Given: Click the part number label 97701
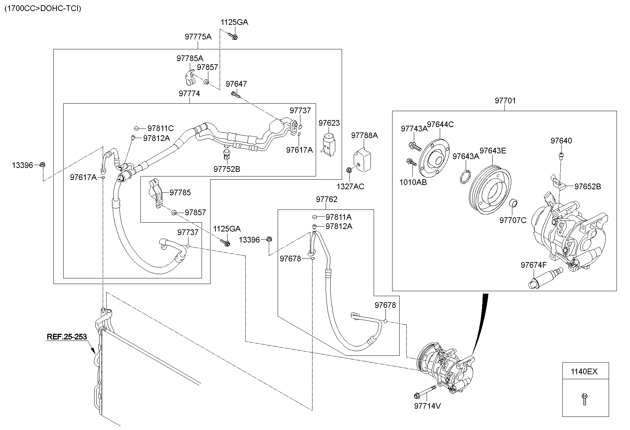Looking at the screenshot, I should tap(505, 101).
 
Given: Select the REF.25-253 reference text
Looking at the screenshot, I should tap(66, 337).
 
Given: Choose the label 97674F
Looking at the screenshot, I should tap(533, 265).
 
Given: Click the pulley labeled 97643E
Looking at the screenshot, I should tap(490, 190).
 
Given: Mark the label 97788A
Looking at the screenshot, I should tap(364, 135).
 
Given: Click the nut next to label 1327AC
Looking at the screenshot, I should tap(349, 170).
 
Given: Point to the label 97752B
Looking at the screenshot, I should tap(227, 169).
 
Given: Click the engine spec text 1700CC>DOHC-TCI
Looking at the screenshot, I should tap(43, 8).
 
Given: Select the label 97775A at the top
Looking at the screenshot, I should tap(198, 37).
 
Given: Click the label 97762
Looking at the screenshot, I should tap(326, 200).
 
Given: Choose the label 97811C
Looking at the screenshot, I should tap(160, 129).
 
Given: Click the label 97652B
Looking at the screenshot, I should tap(588, 186).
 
